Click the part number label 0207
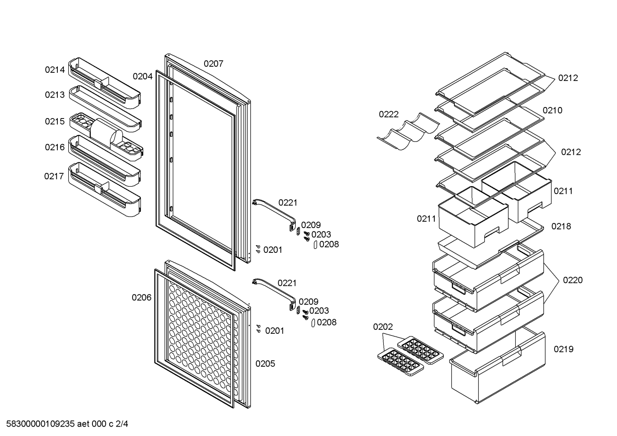214,64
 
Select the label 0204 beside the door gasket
142,77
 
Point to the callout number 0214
55,70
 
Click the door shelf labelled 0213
105,109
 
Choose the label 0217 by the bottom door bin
54,176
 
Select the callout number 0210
552,110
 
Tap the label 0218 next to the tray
561,226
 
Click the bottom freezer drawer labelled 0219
498,368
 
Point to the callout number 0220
573,280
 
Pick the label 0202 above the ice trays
383,327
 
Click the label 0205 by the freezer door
265,364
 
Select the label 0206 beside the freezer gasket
142,297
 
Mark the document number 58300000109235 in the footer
41,424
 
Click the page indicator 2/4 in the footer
122,424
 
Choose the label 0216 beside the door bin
55,147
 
